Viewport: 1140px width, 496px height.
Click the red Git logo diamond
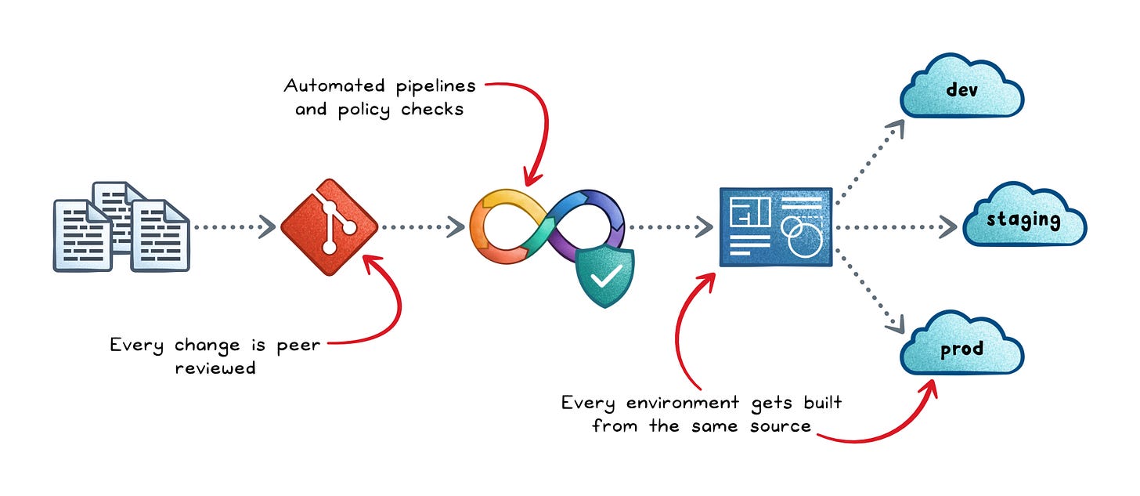tap(329, 227)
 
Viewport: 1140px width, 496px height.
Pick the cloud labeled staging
tap(1023, 219)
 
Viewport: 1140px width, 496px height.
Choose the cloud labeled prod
tap(962, 349)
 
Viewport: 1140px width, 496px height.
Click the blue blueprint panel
tap(775, 227)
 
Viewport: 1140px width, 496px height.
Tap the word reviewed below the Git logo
tap(215, 367)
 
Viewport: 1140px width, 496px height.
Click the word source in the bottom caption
tap(778, 426)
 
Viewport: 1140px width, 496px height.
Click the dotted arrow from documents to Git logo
tap(235, 227)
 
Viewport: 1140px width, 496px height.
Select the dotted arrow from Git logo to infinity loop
tap(423, 227)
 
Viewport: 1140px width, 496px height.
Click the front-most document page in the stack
tap(159, 235)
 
